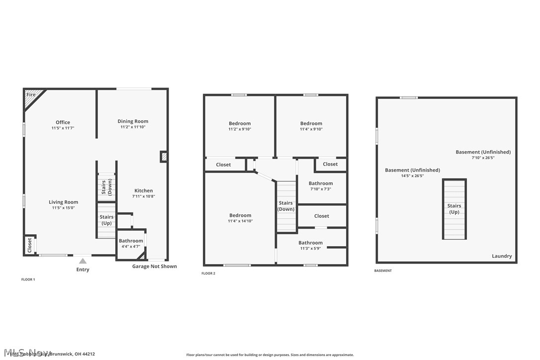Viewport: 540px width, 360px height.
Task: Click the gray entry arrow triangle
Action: (83, 261)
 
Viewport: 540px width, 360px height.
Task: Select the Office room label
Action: (63, 122)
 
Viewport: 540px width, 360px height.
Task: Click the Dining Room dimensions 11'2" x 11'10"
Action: (133, 127)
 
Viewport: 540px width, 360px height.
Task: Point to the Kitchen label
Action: (144, 190)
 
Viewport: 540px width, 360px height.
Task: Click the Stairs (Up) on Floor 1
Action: (106, 220)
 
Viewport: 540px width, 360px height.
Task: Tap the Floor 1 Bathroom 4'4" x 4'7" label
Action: (131, 244)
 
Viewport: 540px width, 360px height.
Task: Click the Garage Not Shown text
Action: (154, 267)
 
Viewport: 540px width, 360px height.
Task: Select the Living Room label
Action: (63, 202)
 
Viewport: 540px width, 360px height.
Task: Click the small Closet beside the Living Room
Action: (29, 245)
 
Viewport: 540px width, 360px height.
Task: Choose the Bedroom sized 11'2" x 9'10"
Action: (240, 126)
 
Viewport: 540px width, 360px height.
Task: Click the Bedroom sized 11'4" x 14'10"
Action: (240, 218)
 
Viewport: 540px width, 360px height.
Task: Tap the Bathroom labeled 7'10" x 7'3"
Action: (321, 186)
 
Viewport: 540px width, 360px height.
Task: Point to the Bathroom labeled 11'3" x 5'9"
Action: (311, 245)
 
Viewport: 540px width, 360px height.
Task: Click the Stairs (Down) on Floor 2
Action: (286, 206)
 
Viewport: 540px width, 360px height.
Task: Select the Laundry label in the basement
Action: (502, 256)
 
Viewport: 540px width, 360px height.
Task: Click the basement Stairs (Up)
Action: (454, 209)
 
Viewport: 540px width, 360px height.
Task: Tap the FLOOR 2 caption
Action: (208, 273)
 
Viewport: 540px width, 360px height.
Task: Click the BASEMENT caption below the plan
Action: (383, 270)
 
